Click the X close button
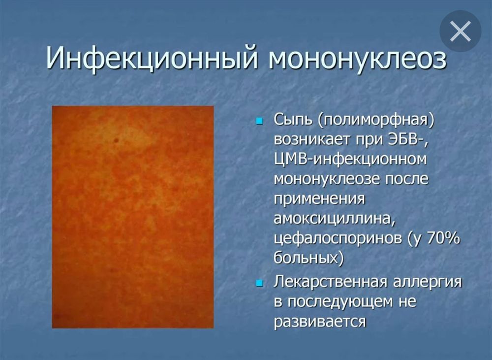(461, 32)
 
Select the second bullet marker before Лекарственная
(260, 283)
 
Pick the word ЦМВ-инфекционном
(350, 160)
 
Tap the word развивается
(320, 322)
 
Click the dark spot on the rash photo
(117, 140)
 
